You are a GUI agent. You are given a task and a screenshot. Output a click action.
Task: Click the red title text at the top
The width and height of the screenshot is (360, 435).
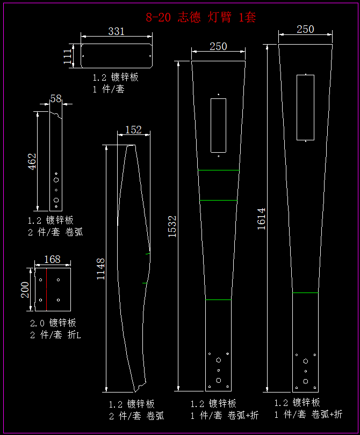tap(200, 17)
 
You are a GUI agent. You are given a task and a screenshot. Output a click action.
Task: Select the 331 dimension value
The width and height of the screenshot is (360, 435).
tap(116, 31)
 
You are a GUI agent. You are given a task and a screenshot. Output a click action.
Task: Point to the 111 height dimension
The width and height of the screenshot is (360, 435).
tap(68, 56)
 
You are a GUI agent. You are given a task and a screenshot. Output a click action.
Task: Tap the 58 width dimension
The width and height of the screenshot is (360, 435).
tap(56, 98)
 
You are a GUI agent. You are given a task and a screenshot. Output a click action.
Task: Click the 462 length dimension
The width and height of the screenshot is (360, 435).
tap(32, 161)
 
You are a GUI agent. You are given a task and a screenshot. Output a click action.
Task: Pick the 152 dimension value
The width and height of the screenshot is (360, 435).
tap(133, 130)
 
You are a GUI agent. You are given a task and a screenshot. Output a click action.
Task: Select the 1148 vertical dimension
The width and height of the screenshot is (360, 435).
tap(100, 269)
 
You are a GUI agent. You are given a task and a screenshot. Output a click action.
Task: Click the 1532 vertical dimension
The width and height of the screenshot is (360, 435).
tap(172, 226)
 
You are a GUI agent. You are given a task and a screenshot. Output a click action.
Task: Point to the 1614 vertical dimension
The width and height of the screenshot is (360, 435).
tap(261, 219)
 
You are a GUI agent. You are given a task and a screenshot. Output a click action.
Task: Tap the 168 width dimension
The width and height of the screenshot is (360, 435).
tap(52, 259)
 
